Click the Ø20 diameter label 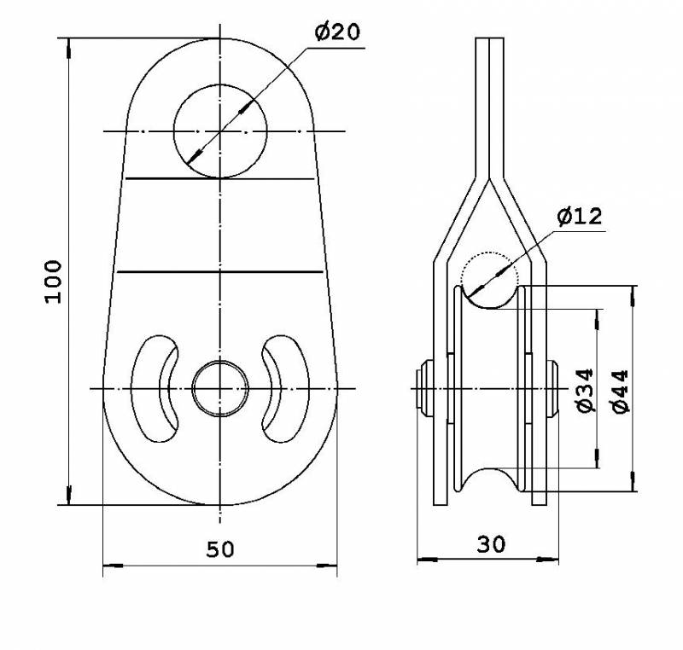point(337,32)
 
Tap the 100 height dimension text point(54,281)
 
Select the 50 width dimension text point(220,549)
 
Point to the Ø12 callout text point(580,216)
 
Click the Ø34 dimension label point(585,391)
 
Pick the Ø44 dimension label point(621,392)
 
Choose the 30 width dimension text point(492,544)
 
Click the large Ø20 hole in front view point(220,84)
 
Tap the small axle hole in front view point(220,361)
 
